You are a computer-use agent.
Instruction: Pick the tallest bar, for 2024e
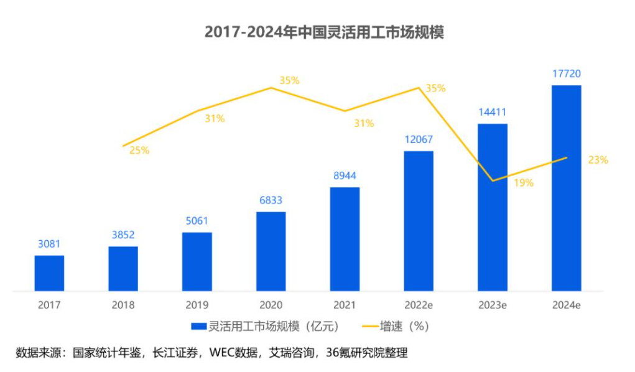566,187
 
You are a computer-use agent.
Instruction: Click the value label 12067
418,140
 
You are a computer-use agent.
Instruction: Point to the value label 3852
123,235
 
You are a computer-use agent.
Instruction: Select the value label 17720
566,74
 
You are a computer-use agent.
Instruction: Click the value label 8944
345,176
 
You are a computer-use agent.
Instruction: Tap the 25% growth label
139,150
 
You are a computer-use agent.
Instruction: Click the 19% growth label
523,183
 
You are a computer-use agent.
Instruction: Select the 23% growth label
598,160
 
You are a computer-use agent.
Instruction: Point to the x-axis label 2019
197,305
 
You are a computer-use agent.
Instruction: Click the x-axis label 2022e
418,305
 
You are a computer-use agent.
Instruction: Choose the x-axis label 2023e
493,305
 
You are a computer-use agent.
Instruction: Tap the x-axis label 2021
345,305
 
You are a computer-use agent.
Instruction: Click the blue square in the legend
198,326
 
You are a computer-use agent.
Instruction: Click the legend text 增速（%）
407,326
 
